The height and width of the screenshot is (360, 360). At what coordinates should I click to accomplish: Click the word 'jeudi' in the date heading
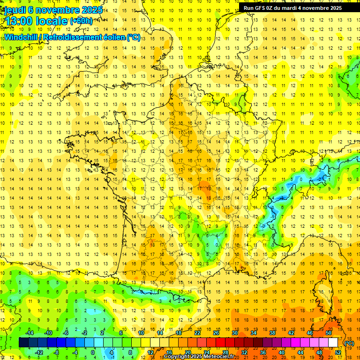[15, 10]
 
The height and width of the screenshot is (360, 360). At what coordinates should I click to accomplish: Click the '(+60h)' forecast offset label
[81, 22]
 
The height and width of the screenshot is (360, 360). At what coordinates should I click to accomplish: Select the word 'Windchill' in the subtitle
[21, 37]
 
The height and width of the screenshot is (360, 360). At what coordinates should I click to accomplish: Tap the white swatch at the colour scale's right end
[333, 343]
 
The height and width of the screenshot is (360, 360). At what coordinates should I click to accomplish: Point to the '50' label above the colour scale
[329, 333]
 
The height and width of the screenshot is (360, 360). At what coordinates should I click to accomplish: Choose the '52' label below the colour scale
[338, 352]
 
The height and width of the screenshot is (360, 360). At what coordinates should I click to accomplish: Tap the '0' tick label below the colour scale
[93, 352]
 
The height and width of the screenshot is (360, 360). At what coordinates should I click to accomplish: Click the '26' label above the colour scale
[216, 333]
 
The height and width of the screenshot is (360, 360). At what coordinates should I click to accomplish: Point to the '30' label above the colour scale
[235, 333]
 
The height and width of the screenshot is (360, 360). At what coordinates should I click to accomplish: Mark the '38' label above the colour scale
[272, 333]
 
